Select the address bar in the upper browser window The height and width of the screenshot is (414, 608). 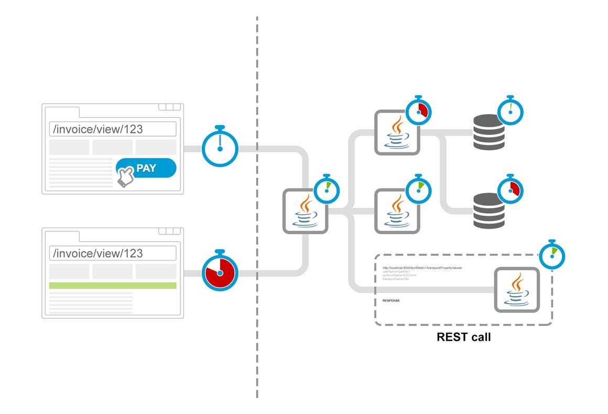click(x=112, y=129)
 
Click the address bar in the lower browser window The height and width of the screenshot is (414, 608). click(x=112, y=253)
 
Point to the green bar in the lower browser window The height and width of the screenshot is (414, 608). click(x=112, y=285)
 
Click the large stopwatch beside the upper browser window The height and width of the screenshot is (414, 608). click(x=220, y=148)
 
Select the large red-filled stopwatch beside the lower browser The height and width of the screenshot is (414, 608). click(x=220, y=273)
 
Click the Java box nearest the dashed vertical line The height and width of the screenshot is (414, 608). click(x=305, y=211)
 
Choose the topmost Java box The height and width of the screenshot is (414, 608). click(x=397, y=132)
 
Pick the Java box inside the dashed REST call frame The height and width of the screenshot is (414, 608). click(x=517, y=289)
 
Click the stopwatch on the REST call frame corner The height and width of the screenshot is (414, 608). click(x=551, y=255)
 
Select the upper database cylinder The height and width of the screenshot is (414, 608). click(x=489, y=132)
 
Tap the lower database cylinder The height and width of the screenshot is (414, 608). click(x=489, y=211)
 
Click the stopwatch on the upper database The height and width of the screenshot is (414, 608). click(x=510, y=111)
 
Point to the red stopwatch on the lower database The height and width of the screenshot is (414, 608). click(x=510, y=190)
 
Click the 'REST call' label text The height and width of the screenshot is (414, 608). click(x=463, y=337)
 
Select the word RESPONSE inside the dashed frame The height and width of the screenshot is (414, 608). click(x=391, y=300)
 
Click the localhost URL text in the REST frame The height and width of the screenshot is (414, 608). click(x=422, y=268)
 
